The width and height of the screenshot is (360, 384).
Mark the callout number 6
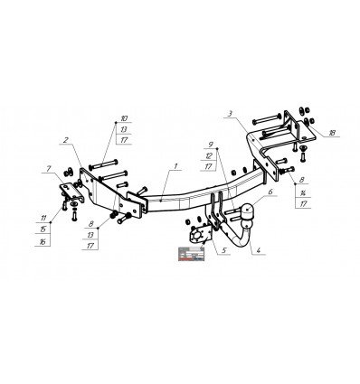pos(269,192)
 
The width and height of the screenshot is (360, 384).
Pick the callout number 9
pos(209,145)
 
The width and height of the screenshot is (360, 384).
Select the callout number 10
pos(125,118)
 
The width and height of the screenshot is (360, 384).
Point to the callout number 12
pos(209,155)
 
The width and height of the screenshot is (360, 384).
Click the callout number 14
pos(301,193)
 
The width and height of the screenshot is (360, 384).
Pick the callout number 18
pos(332,132)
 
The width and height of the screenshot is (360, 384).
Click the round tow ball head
pos(247,211)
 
